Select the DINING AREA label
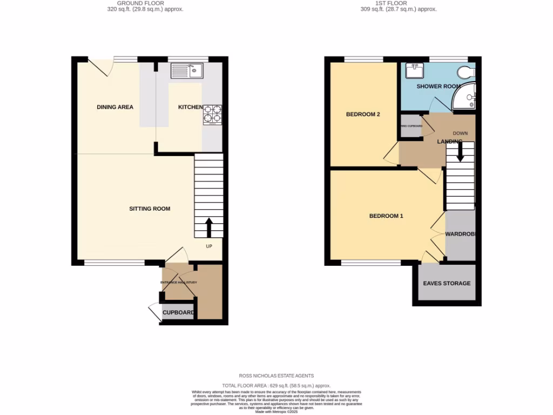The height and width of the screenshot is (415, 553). point(115,107)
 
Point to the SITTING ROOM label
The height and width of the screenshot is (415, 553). point(150,209)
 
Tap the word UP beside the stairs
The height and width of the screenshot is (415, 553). point(209,246)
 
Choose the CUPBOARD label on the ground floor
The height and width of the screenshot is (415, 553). point(178,313)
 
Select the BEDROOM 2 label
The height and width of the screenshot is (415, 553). point(363,114)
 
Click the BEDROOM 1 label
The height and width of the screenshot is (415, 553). point(386,216)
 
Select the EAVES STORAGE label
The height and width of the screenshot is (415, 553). point(447,283)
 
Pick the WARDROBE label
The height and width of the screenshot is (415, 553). point(460,235)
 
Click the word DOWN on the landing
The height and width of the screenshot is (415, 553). point(460,133)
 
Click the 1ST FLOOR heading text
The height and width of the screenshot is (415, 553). point(399,3)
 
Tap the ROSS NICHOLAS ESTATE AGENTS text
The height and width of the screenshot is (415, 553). point(276,376)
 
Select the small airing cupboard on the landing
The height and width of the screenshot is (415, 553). point(411,126)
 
